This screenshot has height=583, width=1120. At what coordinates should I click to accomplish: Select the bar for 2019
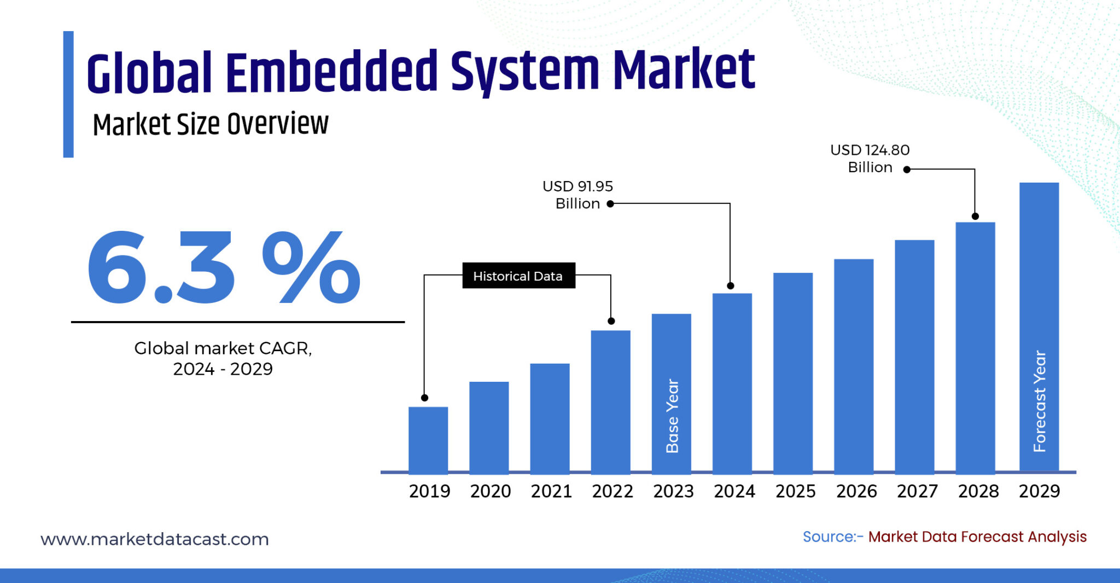pyautogui.click(x=428, y=440)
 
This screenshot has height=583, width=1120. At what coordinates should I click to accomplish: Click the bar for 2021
pyautogui.click(x=550, y=418)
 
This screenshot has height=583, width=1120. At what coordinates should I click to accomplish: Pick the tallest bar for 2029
pyautogui.click(x=1039, y=273)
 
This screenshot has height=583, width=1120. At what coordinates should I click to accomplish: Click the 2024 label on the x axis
pyautogui.click(x=734, y=491)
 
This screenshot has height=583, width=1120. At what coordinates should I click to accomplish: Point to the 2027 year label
pyautogui.click(x=917, y=491)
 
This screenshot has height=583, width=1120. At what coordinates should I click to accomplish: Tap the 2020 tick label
pyautogui.click(x=491, y=491)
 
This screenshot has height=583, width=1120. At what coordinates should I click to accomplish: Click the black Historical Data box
pyautogui.click(x=518, y=276)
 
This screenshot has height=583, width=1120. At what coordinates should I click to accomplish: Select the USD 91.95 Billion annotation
pyautogui.click(x=577, y=195)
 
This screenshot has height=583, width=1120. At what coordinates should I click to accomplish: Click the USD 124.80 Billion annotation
pyautogui.click(x=870, y=159)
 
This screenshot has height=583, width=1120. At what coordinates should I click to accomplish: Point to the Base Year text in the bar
pyautogui.click(x=672, y=416)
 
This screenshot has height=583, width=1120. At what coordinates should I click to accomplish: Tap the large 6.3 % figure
pyautogui.click(x=223, y=268)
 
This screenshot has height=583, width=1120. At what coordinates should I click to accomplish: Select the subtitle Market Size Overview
pyautogui.click(x=211, y=124)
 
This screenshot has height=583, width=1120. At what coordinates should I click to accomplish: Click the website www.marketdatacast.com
pyautogui.click(x=155, y=539)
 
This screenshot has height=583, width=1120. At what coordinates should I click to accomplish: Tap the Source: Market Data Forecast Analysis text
pyautogui.click(x=944, y=537)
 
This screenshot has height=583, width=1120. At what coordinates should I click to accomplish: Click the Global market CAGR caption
pyautogui.click(x=223, y=358)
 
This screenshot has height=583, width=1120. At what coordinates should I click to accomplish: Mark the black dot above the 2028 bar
pyautogui.click(x=975, y=216)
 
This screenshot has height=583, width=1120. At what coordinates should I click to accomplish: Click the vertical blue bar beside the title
pyautogui.click(x=68, y=94)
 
